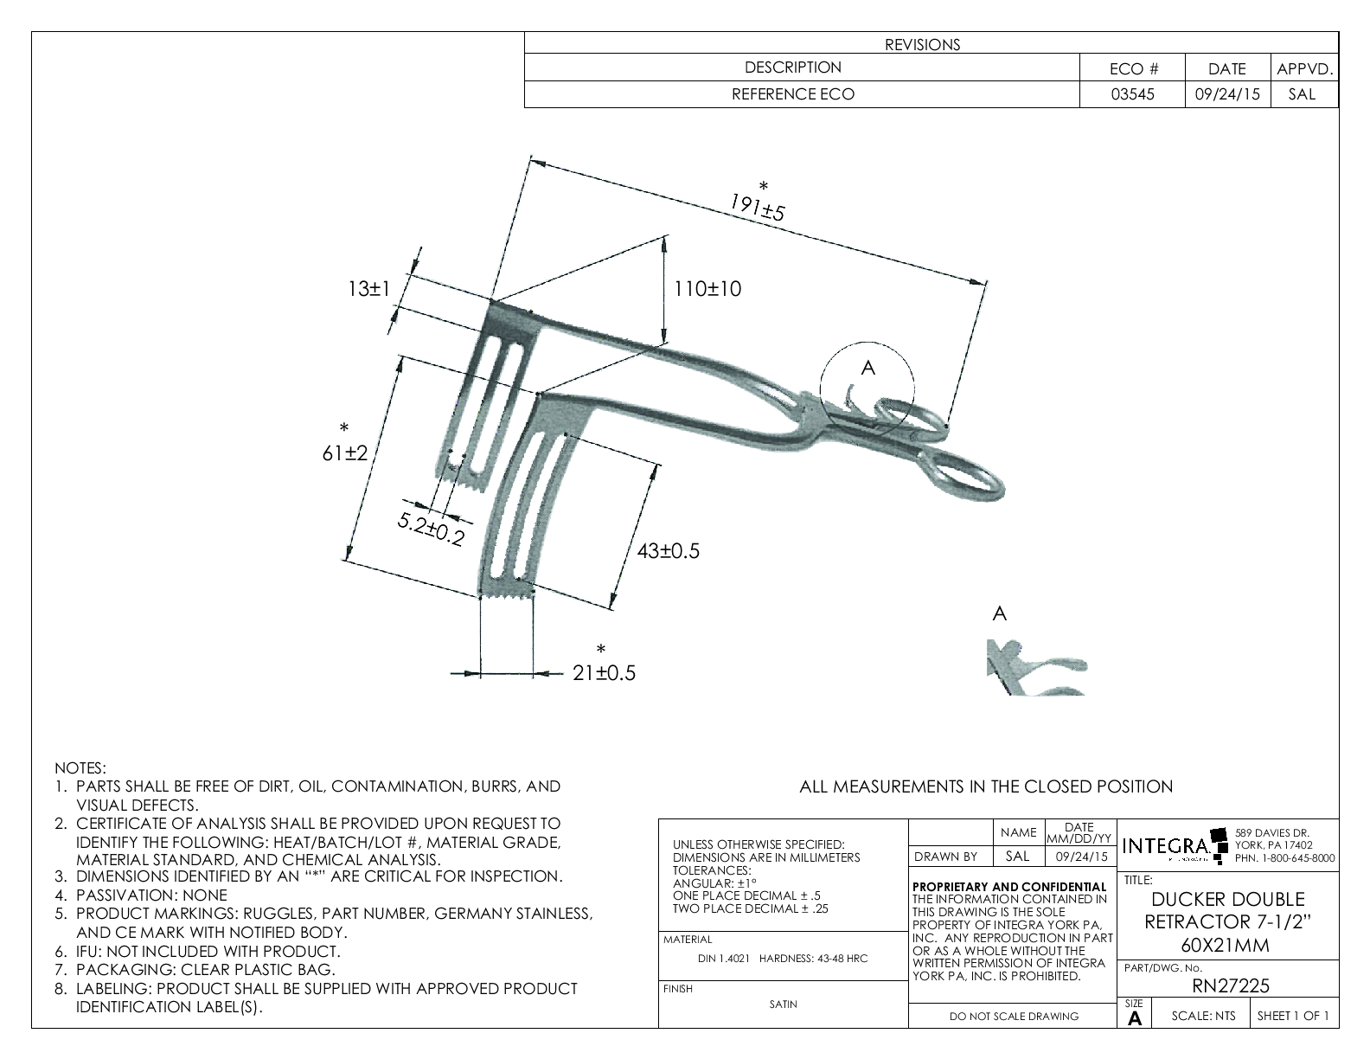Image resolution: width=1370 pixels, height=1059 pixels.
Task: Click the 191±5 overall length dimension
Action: point(757,208)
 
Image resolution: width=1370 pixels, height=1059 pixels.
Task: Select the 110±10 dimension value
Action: point(707,289)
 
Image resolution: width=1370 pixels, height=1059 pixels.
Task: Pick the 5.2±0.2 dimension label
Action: point(431,529)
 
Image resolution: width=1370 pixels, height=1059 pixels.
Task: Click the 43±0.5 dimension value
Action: point(668,551)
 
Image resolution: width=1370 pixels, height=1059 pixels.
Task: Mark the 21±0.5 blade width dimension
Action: point(604,672)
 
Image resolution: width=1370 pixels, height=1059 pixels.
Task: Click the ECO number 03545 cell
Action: point(1131,95)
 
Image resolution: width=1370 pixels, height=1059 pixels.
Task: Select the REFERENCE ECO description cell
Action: point(792,95)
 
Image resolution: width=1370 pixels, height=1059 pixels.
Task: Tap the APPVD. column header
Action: point(1304,69)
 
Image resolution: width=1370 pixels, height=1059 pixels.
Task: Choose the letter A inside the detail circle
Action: point(868,368)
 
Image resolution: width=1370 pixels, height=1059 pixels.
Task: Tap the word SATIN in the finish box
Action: point(783,1004)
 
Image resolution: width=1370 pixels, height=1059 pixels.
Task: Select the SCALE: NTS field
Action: point(1203,1016)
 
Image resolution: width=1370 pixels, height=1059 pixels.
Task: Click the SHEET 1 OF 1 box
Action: point(1293,1016)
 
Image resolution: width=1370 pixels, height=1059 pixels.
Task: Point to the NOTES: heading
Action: point(80,767)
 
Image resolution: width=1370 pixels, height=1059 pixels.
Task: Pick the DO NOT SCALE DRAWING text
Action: point(1014,1017)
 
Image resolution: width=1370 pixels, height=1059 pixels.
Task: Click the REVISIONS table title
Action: point(922,45)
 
